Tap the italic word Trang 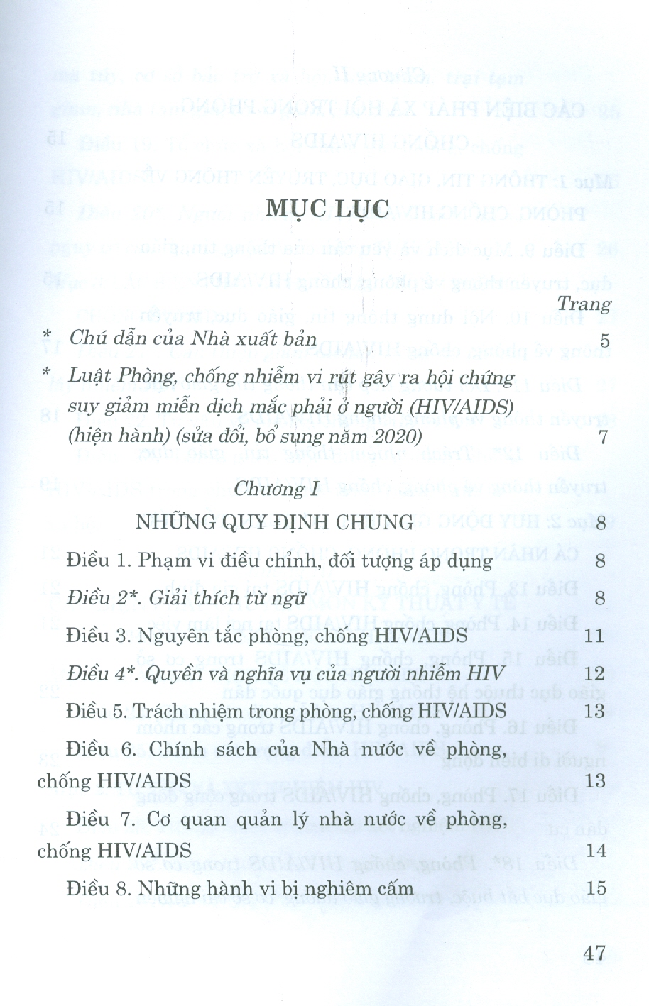[584, 304]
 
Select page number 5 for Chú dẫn [604, 341]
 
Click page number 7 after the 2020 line [604, 436]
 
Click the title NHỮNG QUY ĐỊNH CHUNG [275, 524]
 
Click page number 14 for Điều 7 [595, 850]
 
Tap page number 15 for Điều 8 [595, 888]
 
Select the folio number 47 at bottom [594, 952]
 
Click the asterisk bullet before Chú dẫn [47, 336]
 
